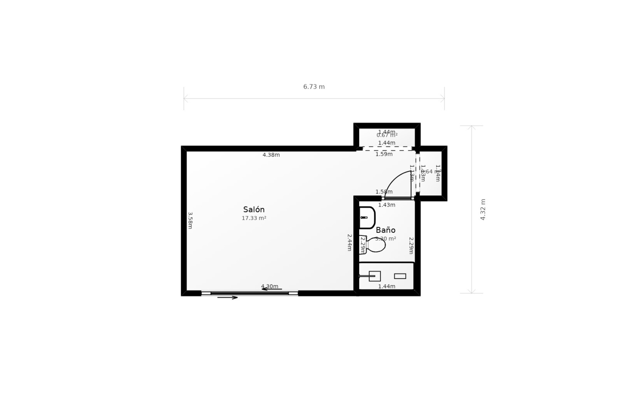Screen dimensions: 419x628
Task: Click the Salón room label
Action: point(254,209)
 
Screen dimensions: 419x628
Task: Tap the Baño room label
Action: point(386,230)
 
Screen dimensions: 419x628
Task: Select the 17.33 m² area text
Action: point(254,218)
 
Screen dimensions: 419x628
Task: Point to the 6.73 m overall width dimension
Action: point(314,87)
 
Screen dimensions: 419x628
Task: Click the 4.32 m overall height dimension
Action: point(483,209)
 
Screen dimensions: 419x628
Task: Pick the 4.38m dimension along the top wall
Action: point(271,155)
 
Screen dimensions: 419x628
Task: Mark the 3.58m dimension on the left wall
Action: point(190,220)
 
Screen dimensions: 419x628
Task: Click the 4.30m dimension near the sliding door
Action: point(270,286)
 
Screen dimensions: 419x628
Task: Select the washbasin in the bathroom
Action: point(367,217)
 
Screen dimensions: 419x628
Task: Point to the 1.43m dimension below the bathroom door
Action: point(387,205)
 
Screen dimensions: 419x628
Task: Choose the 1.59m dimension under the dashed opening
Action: point(384,154)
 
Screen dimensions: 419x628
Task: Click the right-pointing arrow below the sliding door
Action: point(228,298)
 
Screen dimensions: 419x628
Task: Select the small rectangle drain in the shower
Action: point(400,276)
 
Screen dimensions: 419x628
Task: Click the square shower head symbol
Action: point(375,276)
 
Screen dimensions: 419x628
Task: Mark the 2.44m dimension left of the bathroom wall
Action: point(349,242)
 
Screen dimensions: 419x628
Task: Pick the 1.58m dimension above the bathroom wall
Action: point(384,192)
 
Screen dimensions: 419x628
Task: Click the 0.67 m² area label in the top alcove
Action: point(387,135)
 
